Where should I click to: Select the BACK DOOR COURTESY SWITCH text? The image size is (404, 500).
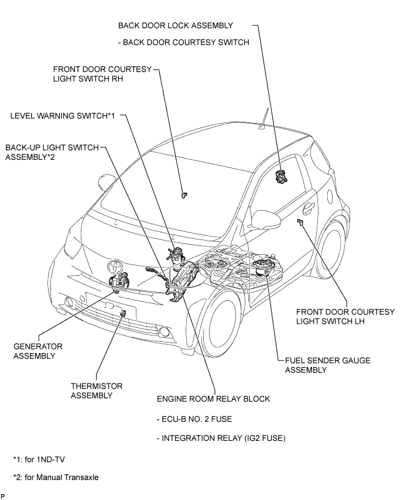(183, 42)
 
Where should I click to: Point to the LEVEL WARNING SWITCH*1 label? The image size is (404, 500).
(61, 116)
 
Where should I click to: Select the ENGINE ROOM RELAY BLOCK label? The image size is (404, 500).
(213, 399)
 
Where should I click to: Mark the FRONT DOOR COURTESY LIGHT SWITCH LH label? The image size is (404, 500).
(345, 317)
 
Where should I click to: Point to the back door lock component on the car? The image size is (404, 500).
(282, 174)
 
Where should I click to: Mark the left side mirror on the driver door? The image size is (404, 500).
(263, 220)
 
